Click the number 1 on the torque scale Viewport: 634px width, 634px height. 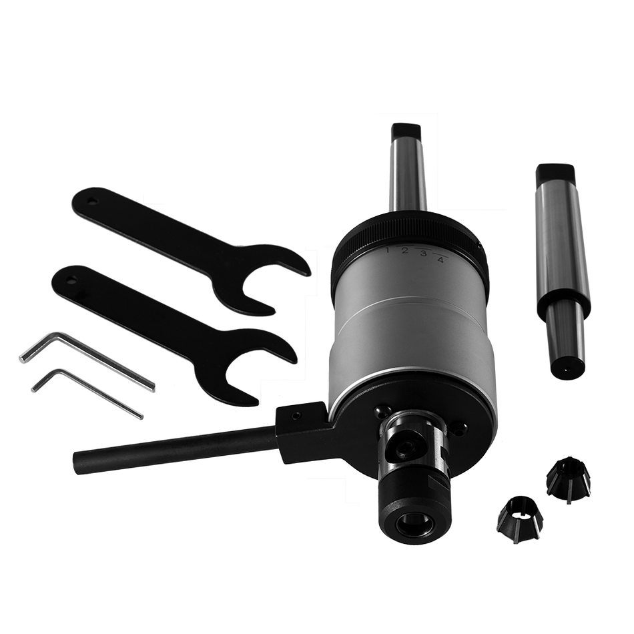tap(387, 250)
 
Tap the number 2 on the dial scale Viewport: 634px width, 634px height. tap(404, 252)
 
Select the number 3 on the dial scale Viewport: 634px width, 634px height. tap(423, 254)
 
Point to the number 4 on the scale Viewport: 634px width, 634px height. tap(440, 260)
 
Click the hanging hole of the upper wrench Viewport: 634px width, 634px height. tap(94, 200)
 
